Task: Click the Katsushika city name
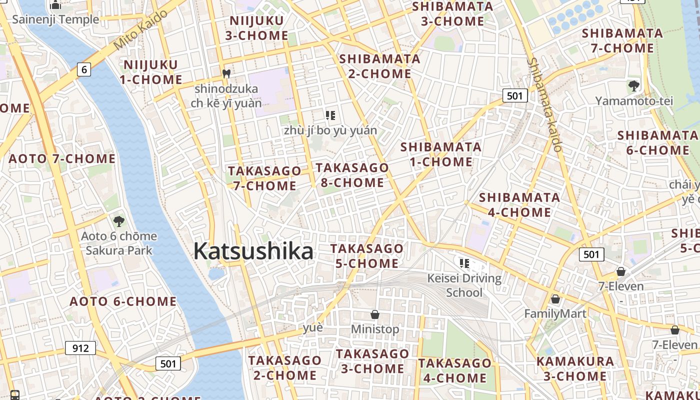pos(253,251)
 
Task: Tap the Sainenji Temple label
pos(55,19)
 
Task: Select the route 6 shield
pos(84,69)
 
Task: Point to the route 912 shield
pos(80,347)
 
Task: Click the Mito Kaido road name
pos(140,30)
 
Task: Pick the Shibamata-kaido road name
pos(544,105)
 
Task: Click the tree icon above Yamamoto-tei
pos(633,86)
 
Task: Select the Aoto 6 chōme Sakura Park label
pos(119,243)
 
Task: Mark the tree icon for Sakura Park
pos(118,221)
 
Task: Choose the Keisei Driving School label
pos(464,285)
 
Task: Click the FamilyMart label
pos(555,314)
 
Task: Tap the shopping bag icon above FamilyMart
pos(555,299)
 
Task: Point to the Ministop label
pos(375,329)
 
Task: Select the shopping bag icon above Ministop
pos(375,314)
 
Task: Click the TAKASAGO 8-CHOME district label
pos(352,175)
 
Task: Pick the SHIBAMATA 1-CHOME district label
pos(440,154)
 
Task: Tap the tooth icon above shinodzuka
pos(226,73)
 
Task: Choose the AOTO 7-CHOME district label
pos(62,159)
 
